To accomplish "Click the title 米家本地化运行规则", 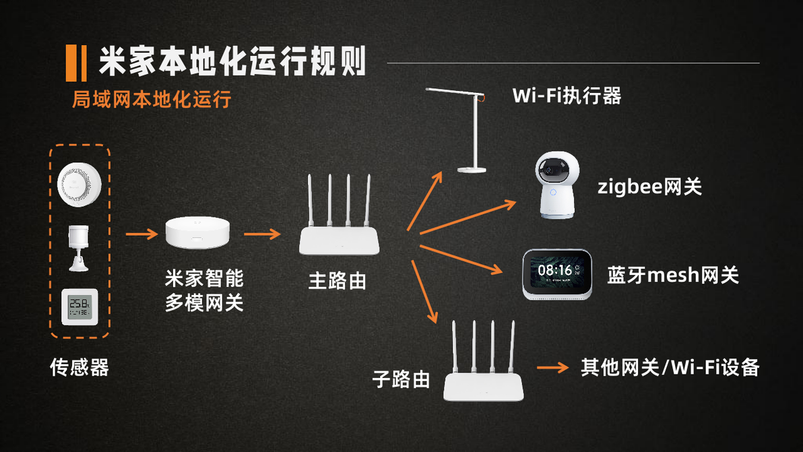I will (232, 63).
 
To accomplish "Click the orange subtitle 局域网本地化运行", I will (152, 99).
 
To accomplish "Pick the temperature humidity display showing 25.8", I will (79, 307).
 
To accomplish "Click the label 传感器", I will (79, 367).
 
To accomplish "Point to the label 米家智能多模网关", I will (204, 290).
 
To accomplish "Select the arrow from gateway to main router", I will (262, 234).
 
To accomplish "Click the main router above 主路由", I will (340, 222).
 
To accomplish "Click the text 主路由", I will (338, 280).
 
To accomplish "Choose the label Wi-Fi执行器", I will (567, 96).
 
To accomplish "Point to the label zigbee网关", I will (649, 186).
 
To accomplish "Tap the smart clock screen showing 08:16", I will (558, 273).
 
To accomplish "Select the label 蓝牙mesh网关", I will (672, 275).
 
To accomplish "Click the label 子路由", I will (401, 379).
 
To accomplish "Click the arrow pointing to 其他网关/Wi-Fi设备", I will (553, 368).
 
